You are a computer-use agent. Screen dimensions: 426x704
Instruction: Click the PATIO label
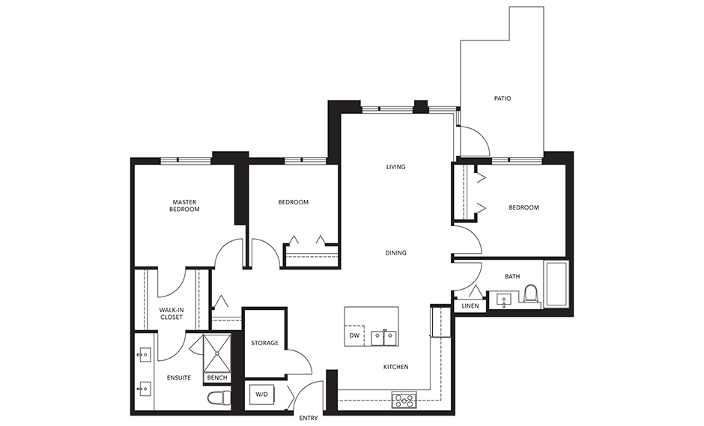pos(503,98)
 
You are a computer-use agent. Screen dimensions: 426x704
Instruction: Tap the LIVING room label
pos(395,167)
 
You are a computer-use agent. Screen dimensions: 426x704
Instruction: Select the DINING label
pos(395,253)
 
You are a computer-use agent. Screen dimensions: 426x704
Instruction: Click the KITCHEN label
pos(395,367)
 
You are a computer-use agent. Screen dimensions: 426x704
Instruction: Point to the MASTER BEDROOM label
pos(185,206)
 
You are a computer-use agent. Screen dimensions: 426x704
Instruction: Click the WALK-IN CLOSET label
pos(171,313)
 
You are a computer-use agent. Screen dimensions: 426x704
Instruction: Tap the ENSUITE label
pos(178,378)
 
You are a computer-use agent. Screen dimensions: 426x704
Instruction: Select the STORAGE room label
pos(264,343)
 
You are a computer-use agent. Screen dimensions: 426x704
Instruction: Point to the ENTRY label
pos(308,418)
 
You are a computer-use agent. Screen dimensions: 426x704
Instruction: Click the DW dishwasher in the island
pos(354,336)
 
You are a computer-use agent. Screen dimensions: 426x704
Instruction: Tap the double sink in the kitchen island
pos(384,337)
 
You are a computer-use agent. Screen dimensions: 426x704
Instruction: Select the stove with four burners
pos(403,400)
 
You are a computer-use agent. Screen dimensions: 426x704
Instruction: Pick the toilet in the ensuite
pos(219,397)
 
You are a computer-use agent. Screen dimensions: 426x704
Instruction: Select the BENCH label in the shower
pos(217,378)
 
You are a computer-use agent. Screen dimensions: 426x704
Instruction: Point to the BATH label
pos(512,276)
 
